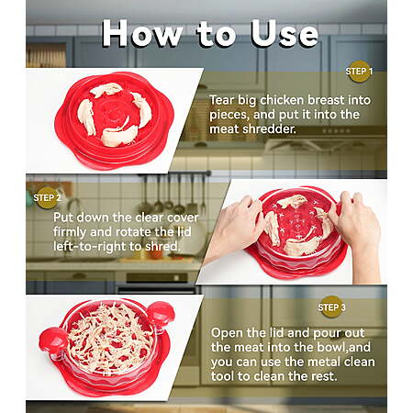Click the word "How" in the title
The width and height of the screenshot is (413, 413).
point(142,33)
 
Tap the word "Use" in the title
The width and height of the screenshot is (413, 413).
point(285,33)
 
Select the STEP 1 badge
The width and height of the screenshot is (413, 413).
point(359,72)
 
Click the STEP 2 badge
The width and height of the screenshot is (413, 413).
point(47,198)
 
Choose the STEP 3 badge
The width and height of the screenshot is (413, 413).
point(331,307)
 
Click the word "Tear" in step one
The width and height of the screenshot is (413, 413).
point(222,100)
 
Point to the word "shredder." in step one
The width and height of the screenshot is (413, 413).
point(269,129)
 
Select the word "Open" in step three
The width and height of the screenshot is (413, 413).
point(225,333)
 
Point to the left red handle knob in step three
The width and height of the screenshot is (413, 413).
point(52,340)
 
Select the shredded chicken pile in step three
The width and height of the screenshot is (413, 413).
point(109,338)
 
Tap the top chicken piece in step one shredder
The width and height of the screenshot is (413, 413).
point(106,89)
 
